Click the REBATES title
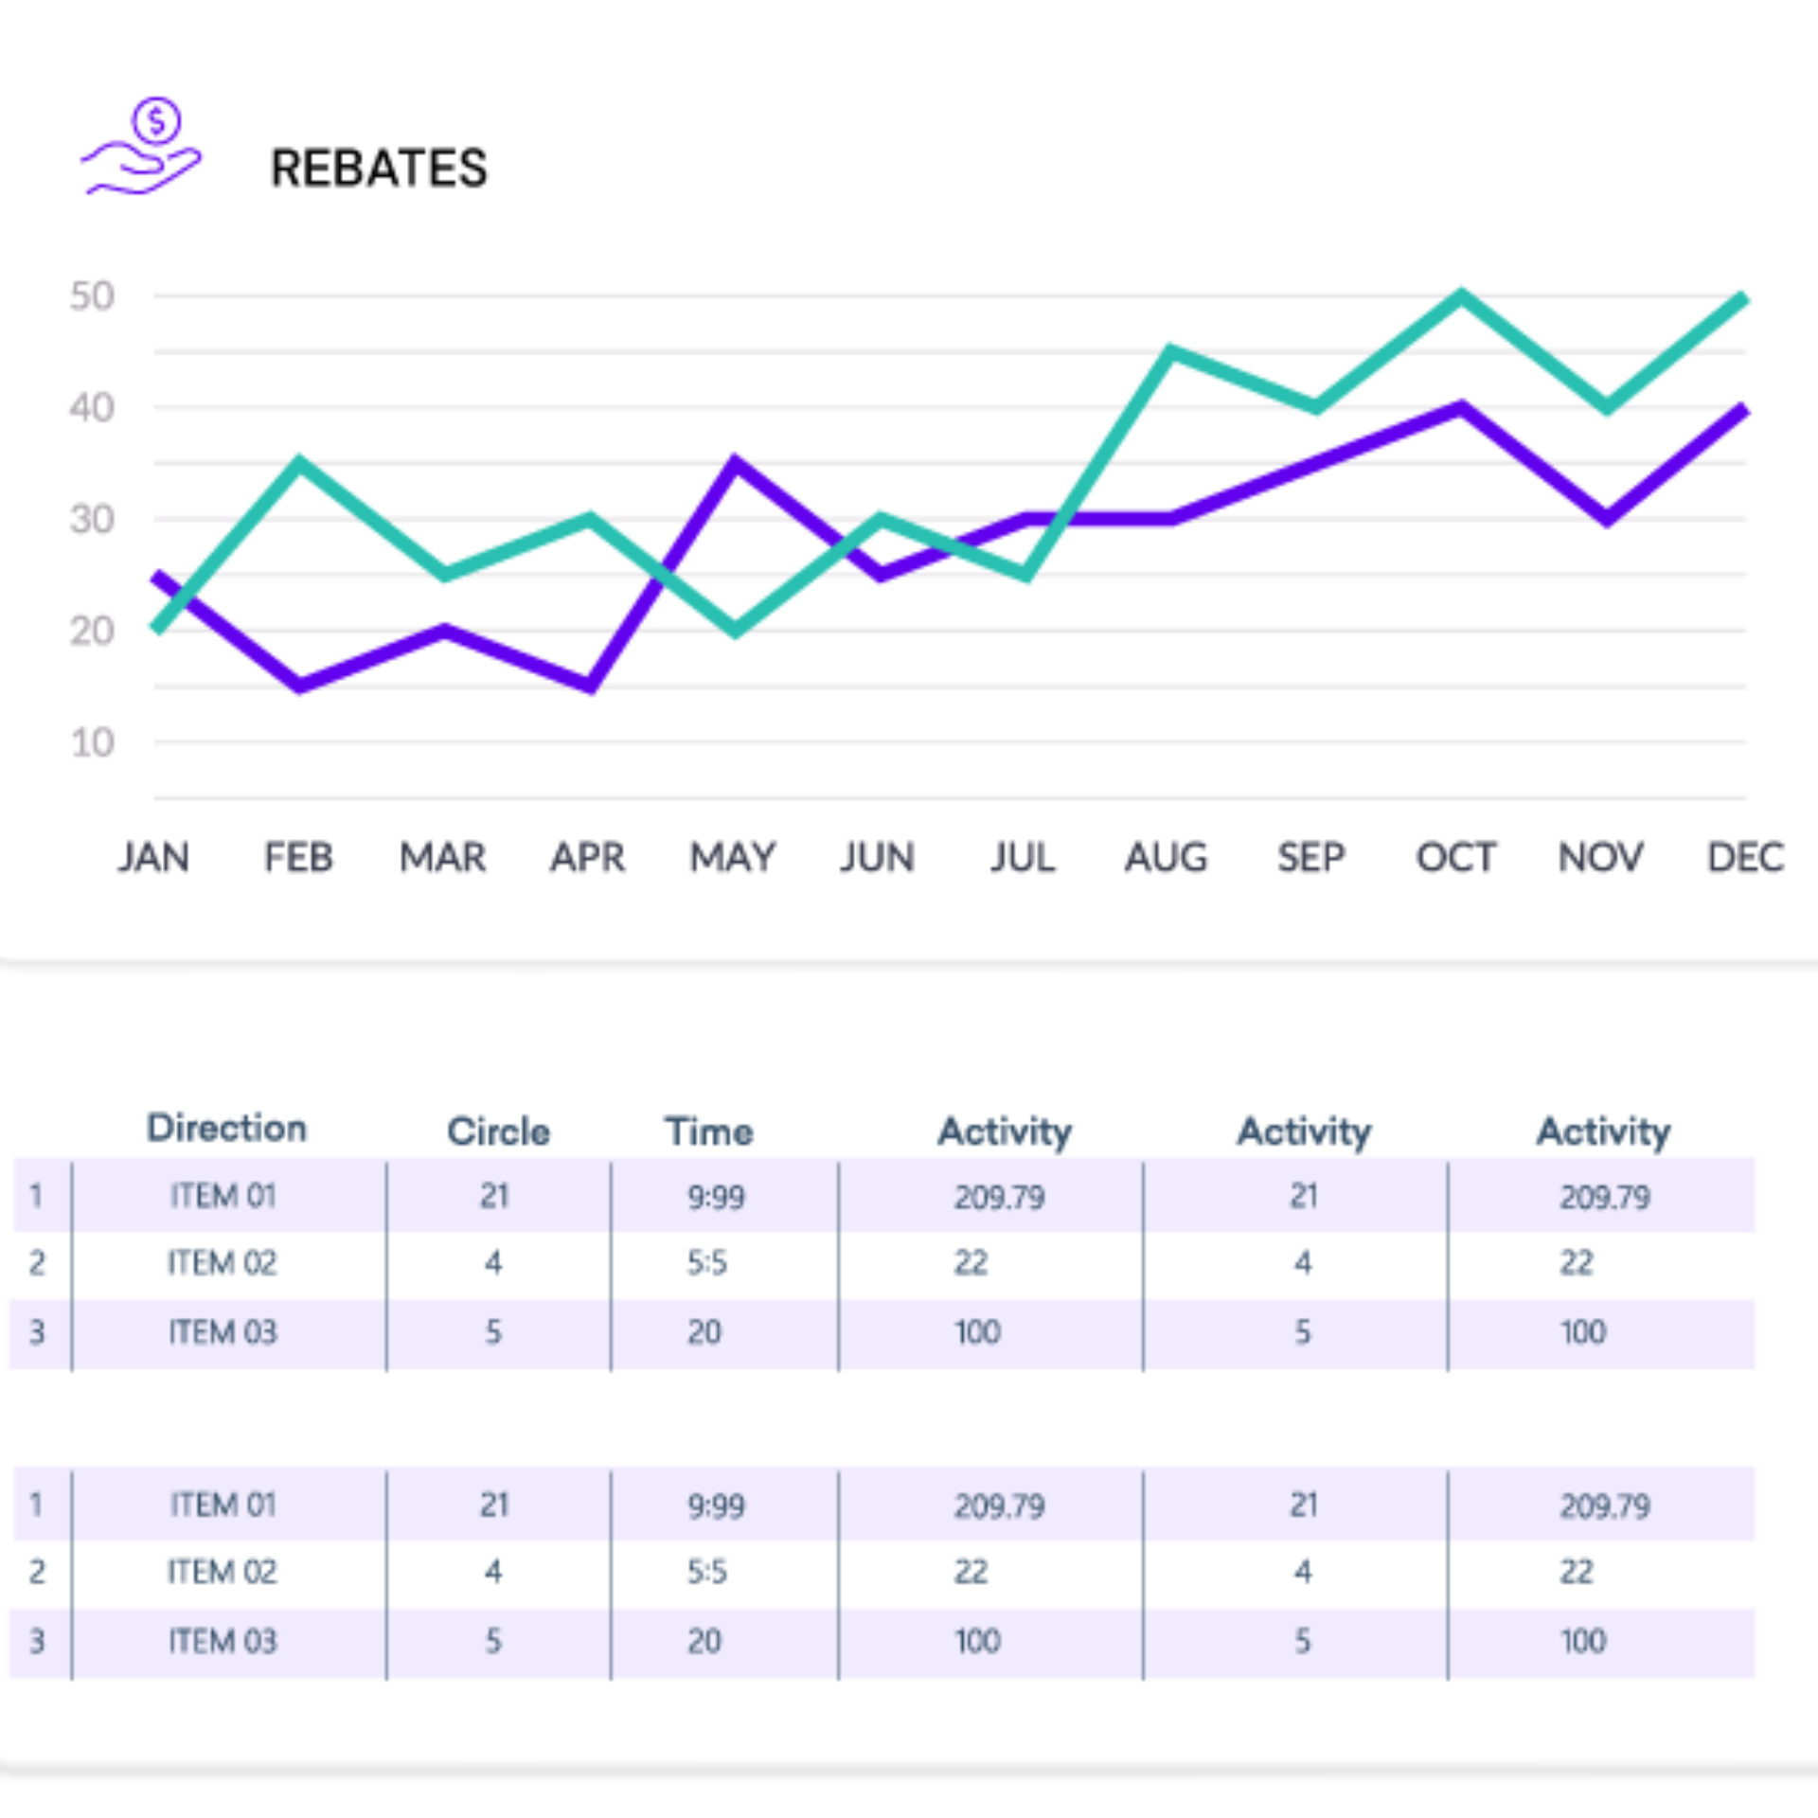[379, 169]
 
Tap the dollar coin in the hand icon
[156, 120]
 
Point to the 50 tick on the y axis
[92, 296]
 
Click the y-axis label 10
[93, 743]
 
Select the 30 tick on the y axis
[92, 520]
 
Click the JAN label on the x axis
[153, 858]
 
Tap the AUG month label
[1167, 858]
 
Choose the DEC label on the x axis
[1745, 858]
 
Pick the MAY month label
[733, 858]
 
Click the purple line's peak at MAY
[736, 464]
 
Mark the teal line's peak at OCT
[1461, 297]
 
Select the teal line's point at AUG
[1170, 352]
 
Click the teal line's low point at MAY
[736, 631]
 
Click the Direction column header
[227, 1129]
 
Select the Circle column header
[498, 1132]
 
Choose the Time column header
[709, 1132]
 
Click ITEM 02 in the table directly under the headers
[223, 1263]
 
